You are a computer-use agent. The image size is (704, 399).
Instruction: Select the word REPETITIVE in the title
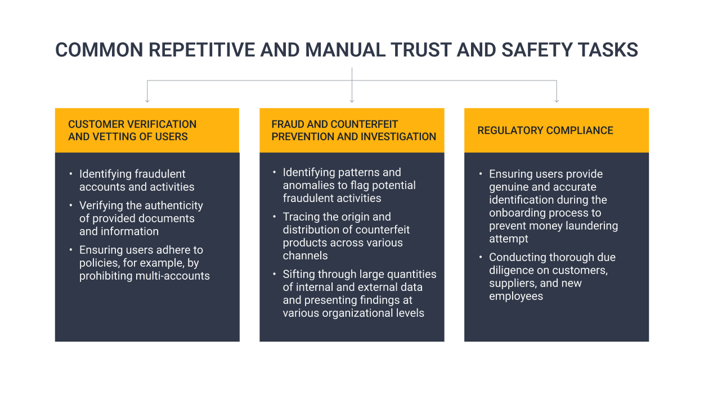pyautogui.click(x=201, y=50)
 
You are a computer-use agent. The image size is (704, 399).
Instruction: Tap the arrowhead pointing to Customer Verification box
pyautogui.click(x=147, y=101)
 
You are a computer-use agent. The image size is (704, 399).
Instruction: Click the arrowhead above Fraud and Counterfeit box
pyautogui.click(x=352, y=101)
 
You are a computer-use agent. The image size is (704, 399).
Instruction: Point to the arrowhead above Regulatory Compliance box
pyautogui.click(x=557, y=101)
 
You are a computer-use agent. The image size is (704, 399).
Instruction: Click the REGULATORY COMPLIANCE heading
pyautogui.click(x=545, y=131)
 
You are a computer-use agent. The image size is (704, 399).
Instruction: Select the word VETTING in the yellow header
pyautogui.click(x=112, y=137)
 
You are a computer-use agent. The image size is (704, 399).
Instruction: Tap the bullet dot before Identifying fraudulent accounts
pyautogui.click(x=71, y=173)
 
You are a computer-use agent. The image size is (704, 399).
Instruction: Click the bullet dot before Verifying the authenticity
pyautogui.click(x=71, y=205)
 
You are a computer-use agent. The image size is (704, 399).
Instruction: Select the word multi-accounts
pyautogui.click(x=173, y=276)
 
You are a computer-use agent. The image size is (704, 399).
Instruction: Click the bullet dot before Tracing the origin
pyautogui.click(x=275, y=217)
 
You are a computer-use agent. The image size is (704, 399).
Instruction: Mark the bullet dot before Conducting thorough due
pyautogui.click(x=481, y=257)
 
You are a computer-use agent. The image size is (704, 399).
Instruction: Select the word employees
pyautogui.click(x=516, y=296)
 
